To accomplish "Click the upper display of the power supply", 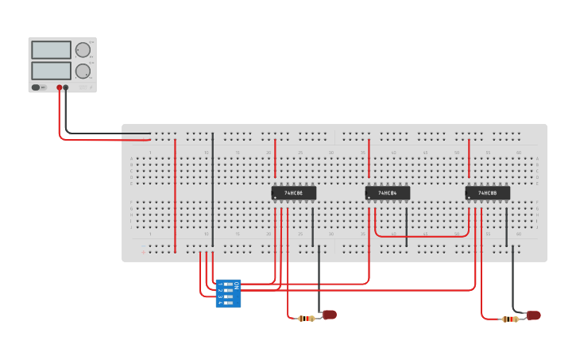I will pos(51,49).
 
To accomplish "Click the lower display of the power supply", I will pos(51,71).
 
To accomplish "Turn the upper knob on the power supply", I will pos(83,49).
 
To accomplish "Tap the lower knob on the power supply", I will pos(83,71).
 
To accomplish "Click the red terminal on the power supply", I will pos(59,87).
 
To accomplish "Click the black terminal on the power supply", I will pos(66,87).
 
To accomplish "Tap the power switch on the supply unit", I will pos(36,87).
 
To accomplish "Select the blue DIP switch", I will pos(228,293).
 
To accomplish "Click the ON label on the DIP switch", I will pos(236,285).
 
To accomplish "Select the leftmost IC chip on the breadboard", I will pos(294,192).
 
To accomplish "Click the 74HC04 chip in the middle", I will pos(388,192).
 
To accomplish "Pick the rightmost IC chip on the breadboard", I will pos(488,192).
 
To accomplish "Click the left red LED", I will pos(329,315).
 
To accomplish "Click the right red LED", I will pos(533,315).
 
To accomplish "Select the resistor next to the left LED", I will pos(307,319).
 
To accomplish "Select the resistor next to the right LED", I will pos(510,319).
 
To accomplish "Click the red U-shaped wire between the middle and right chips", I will pos(421,236).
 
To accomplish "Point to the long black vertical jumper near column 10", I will pos(212,191).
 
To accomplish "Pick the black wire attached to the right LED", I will pos(512,278).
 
